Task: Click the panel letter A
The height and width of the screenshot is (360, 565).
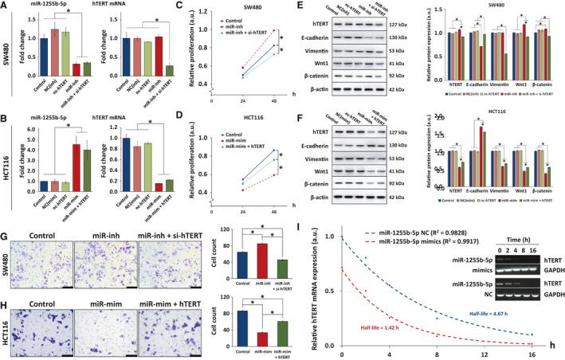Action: (6, 6)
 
